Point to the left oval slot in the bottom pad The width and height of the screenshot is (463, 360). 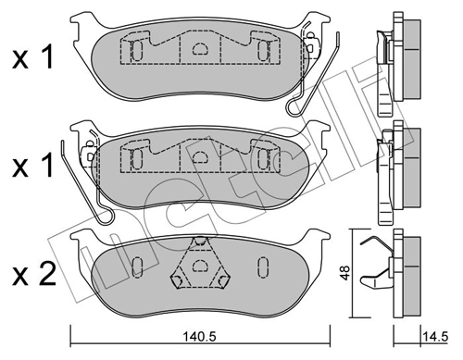click(x=136, y=267)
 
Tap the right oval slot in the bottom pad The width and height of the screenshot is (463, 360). click(x=261, y=267)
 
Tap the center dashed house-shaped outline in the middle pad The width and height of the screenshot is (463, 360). click(x=198, y=157)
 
